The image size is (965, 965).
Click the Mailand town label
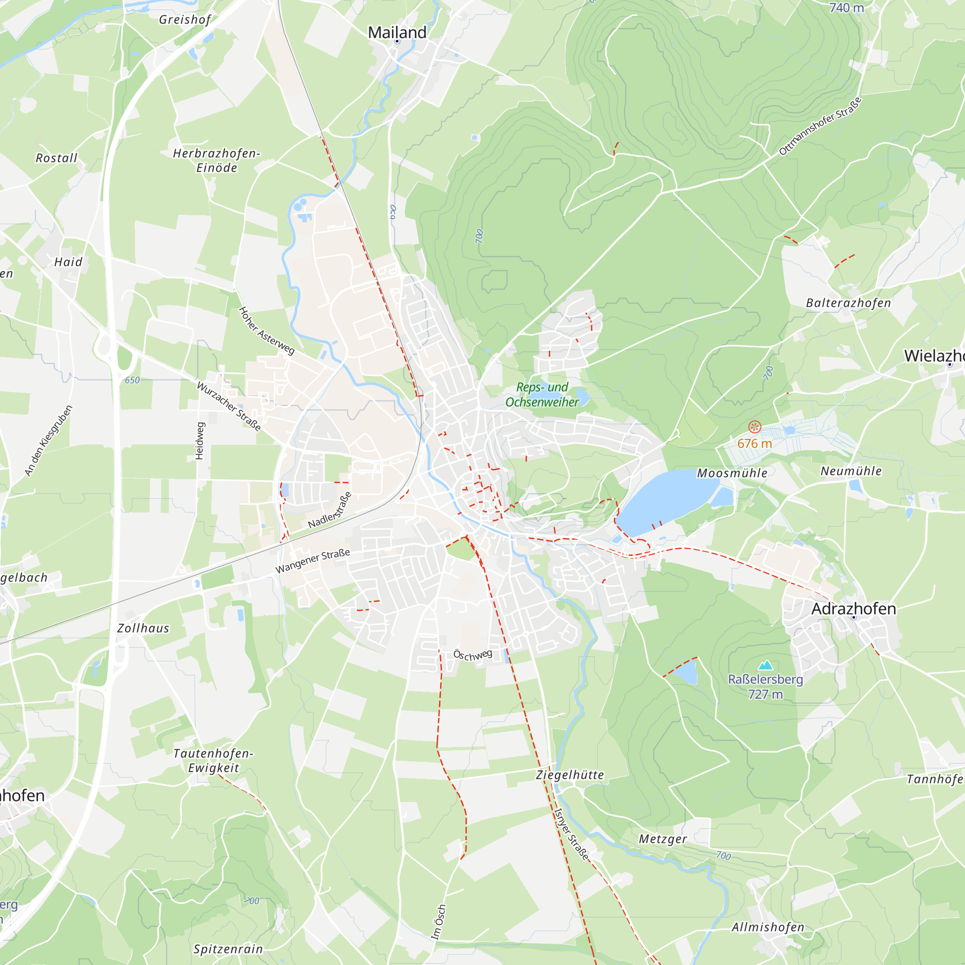coord(397,32)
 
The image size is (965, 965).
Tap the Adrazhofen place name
coord(853,609)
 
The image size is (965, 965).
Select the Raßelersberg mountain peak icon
coord(765,665)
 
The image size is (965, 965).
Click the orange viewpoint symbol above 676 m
coord(754,427)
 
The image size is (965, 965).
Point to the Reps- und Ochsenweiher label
coord(542,395)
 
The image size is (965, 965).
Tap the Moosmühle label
coord(732,473)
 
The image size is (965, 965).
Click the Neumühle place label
coord(851,471)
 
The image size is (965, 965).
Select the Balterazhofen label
coord(848,303)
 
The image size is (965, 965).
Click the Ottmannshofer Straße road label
coord(820,126)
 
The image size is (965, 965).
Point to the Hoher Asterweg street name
coord(266,331)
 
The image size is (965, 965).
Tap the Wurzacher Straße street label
coord(229,406)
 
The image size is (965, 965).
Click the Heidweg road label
coord(200,441)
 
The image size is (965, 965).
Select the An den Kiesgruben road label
coord(48,441)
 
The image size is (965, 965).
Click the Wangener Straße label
coord(313,562)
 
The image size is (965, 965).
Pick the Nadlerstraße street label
coord(330,510)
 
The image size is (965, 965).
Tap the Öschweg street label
coord(472,655)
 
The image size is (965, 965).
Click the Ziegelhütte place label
coord(569,775)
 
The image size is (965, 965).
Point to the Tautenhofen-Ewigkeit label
coord(213,760)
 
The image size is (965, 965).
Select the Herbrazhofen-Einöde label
coord(216,160)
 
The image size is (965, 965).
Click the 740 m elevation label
coord(846,8)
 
